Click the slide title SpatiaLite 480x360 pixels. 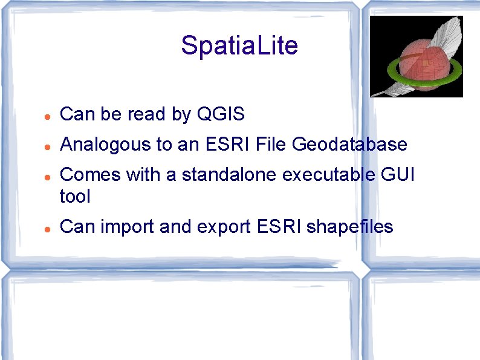point(239,46)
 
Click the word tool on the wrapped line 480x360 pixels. point(76,196)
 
